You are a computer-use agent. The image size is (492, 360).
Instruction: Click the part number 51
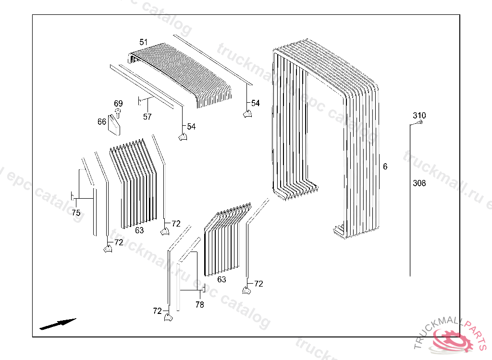click(x=144, y=42)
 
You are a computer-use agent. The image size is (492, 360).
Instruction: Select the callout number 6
click(x=385, y=167)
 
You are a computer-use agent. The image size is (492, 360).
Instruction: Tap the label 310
click(x=419, y=116)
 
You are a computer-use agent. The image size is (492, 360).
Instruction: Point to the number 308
click(x=419, y=183)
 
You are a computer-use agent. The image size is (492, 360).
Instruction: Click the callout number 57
click(x=147, y=117)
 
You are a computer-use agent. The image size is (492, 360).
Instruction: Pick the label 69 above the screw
click(x=118, y=104)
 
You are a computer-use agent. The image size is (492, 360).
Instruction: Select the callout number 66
click(x=101, y=122)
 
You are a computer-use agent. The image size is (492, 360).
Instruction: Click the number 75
click(x=76, y=213)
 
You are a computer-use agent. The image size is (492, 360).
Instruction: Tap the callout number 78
click(x=199, y=304)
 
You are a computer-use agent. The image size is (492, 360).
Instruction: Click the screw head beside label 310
click(x=420, y=123)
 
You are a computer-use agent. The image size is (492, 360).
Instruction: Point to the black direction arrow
click(x=58, y=324)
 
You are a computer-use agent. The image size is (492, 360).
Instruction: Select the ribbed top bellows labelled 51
click(x=183, y=72)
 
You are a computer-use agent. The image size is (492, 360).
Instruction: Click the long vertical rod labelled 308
click(x=410, y=202)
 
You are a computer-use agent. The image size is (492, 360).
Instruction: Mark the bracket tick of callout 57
click(x=139, y=101)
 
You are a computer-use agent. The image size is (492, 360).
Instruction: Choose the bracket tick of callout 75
click(x=72, y=196)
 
